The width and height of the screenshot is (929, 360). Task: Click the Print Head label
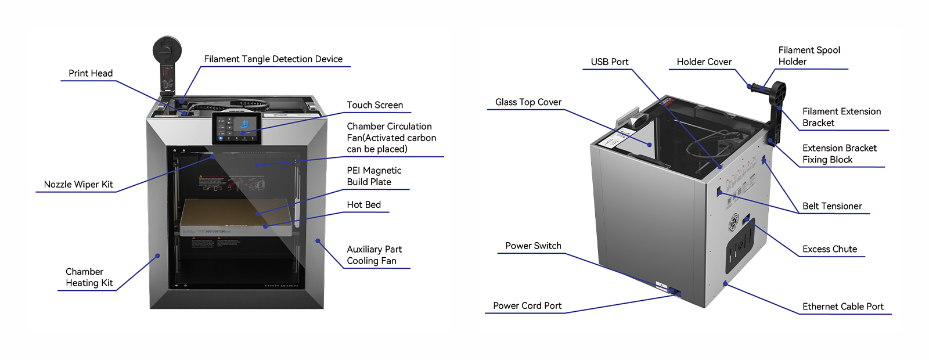pyautogui.click(x=91, y=73)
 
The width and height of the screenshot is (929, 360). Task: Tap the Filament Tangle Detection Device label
pyautogui.click(x=273, y=59)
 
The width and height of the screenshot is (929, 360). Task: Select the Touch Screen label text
pyautogui.click(x=375, y=105)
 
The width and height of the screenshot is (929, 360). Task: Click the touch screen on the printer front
pyautogui.click(x=236, y=128)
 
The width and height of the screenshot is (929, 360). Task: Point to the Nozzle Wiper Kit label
pyautogui.click(x=78, y=185)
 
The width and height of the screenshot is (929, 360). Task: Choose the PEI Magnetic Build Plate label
pyautogui.click(x=374, y=176)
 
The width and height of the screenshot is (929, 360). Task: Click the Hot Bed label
pyautogui.click(x=363, y=205)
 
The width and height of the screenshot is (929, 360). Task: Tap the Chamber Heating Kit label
pyautogui.click(x=89, y=278)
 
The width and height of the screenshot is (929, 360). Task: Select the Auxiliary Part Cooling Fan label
pyautogui.click(x=374, y=255)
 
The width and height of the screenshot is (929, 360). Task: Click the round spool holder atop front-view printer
pyautogui.click(x=167, y=51)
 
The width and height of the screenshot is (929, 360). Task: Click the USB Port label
pyautogui.click(x=610, y=62)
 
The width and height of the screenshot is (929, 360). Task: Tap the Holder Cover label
pyautogui.click(x=704, y=62)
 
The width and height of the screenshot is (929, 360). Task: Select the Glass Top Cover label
pyautogui.click(x=528, y=102)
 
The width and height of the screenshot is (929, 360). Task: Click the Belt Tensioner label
pyautogui.click(x=832, y=206)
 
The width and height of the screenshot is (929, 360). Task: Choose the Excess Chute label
pyautogui.click(x=830, y=249)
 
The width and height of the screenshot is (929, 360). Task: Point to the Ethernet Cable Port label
pyautogui.click(x=842, y=307)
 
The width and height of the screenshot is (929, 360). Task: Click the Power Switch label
pyautogui.click(x=533, y=246)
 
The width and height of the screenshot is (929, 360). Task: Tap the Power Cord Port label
pyautogui.click(x=527, y=306)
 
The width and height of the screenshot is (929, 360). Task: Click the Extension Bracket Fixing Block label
pyautogui.click(x=839, y=154)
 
